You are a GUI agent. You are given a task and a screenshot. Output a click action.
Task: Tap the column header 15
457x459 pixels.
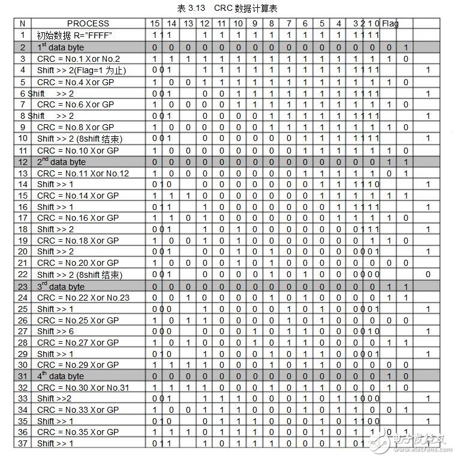(155, 24)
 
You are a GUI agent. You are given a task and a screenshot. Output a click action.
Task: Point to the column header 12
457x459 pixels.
(205, 24)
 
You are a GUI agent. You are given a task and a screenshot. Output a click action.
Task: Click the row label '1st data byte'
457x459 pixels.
(61, 47)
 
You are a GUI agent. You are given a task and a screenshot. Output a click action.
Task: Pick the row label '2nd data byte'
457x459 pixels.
(62, 161)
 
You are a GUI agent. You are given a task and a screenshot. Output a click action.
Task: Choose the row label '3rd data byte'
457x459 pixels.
(61, 286)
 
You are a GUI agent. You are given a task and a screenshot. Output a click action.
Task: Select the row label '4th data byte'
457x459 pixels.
(61, 376)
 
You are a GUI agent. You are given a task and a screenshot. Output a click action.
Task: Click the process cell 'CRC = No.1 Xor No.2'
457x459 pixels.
(79, 59)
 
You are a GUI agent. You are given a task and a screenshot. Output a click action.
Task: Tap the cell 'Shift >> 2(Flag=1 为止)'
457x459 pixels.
(82, 70)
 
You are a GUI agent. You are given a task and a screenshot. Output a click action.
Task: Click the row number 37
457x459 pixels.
(23, 443)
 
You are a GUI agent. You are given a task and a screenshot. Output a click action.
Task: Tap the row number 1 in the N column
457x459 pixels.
(23, 35)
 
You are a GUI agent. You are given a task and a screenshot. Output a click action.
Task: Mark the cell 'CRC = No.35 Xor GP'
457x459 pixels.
(78, 432)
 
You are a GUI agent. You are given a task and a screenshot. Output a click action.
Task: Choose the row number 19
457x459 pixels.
(23, 241)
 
